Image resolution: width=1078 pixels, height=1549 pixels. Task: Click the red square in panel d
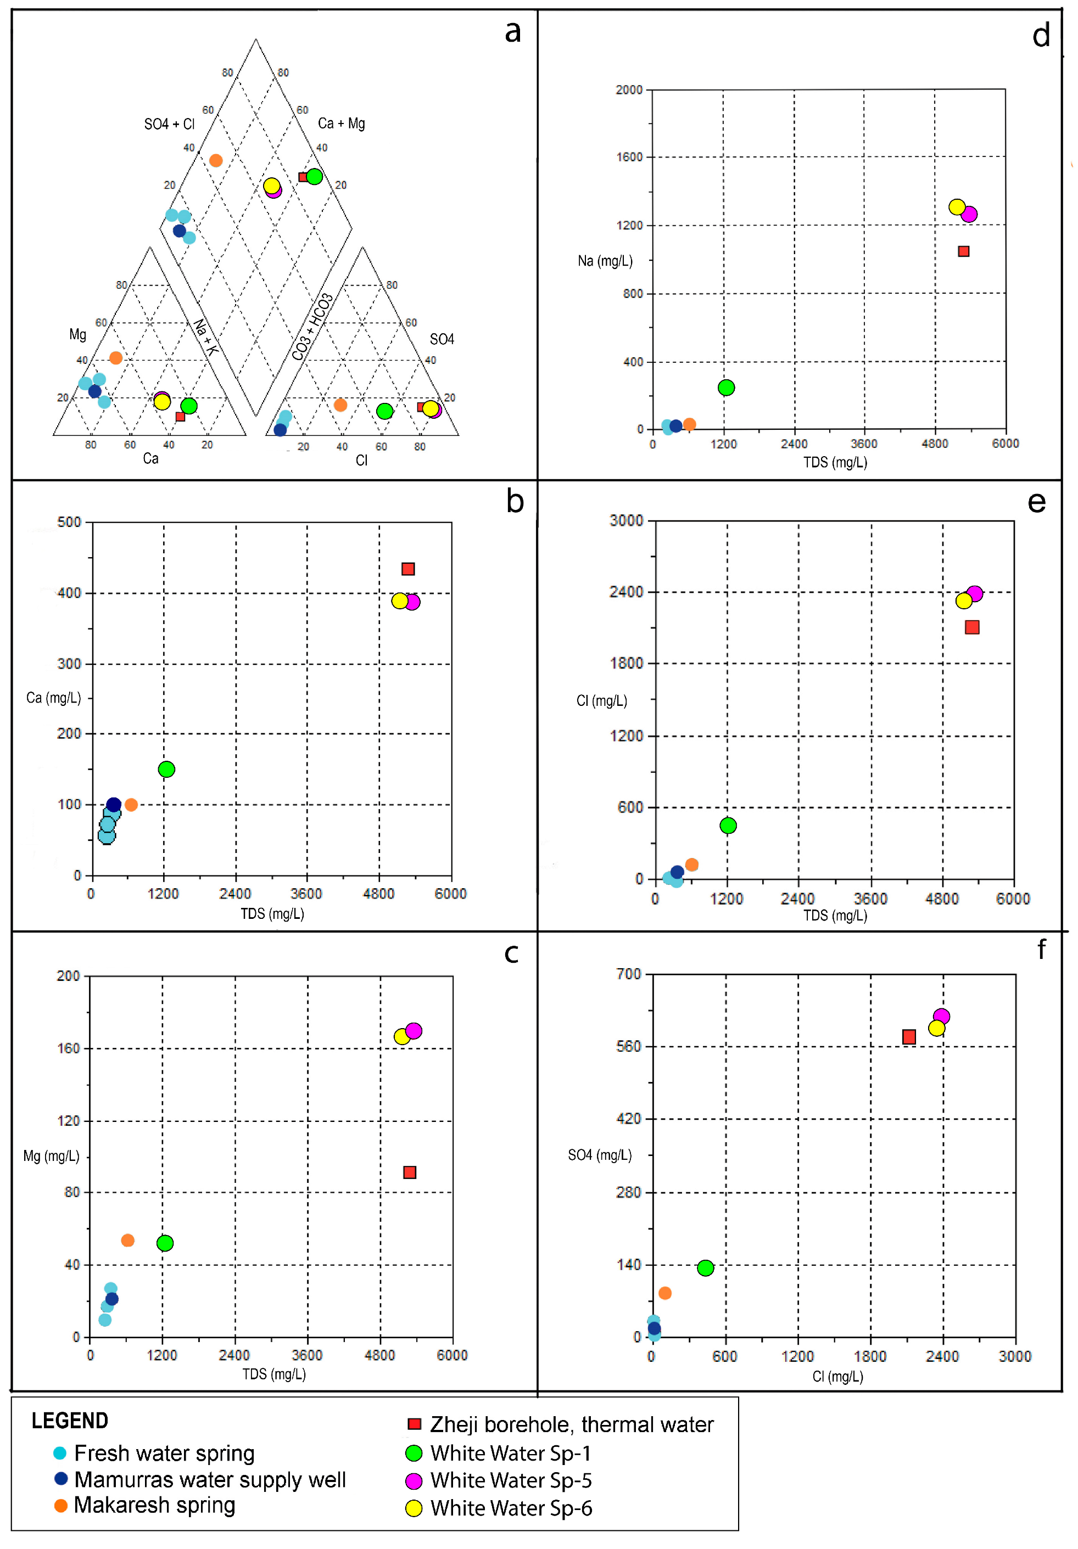coord(963,251)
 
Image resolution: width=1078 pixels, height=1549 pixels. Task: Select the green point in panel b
coord(166,769)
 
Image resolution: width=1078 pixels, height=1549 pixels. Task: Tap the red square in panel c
coord(409,1172)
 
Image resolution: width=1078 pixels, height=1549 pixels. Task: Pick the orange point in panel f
coord(664,1293)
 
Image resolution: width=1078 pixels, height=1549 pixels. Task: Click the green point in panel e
coord(728,826)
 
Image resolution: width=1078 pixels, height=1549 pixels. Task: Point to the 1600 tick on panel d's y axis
coord(628,157)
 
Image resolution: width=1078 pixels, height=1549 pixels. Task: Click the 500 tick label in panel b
coord(69,522)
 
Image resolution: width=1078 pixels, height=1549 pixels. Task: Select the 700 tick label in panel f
coord(628,974)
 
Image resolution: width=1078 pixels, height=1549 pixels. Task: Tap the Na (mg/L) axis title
coord(605,261)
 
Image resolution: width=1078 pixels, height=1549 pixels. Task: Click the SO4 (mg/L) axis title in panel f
coord(600,1155)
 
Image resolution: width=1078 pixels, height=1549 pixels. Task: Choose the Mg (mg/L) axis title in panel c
coord(51,1157)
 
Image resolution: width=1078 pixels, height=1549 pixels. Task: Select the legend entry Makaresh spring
coord(154,1505)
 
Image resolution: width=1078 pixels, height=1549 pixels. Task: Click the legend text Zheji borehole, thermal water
coord(572,1424)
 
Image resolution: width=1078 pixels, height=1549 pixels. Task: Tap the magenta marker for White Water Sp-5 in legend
coord(413,1481)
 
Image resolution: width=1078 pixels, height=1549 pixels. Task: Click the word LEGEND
coord(70,1421)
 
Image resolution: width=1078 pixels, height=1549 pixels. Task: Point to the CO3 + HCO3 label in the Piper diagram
coord(312,327)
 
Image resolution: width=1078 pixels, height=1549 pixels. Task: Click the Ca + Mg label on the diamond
coord(342,124)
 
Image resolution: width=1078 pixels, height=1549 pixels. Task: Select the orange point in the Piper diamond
coord(215,161)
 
